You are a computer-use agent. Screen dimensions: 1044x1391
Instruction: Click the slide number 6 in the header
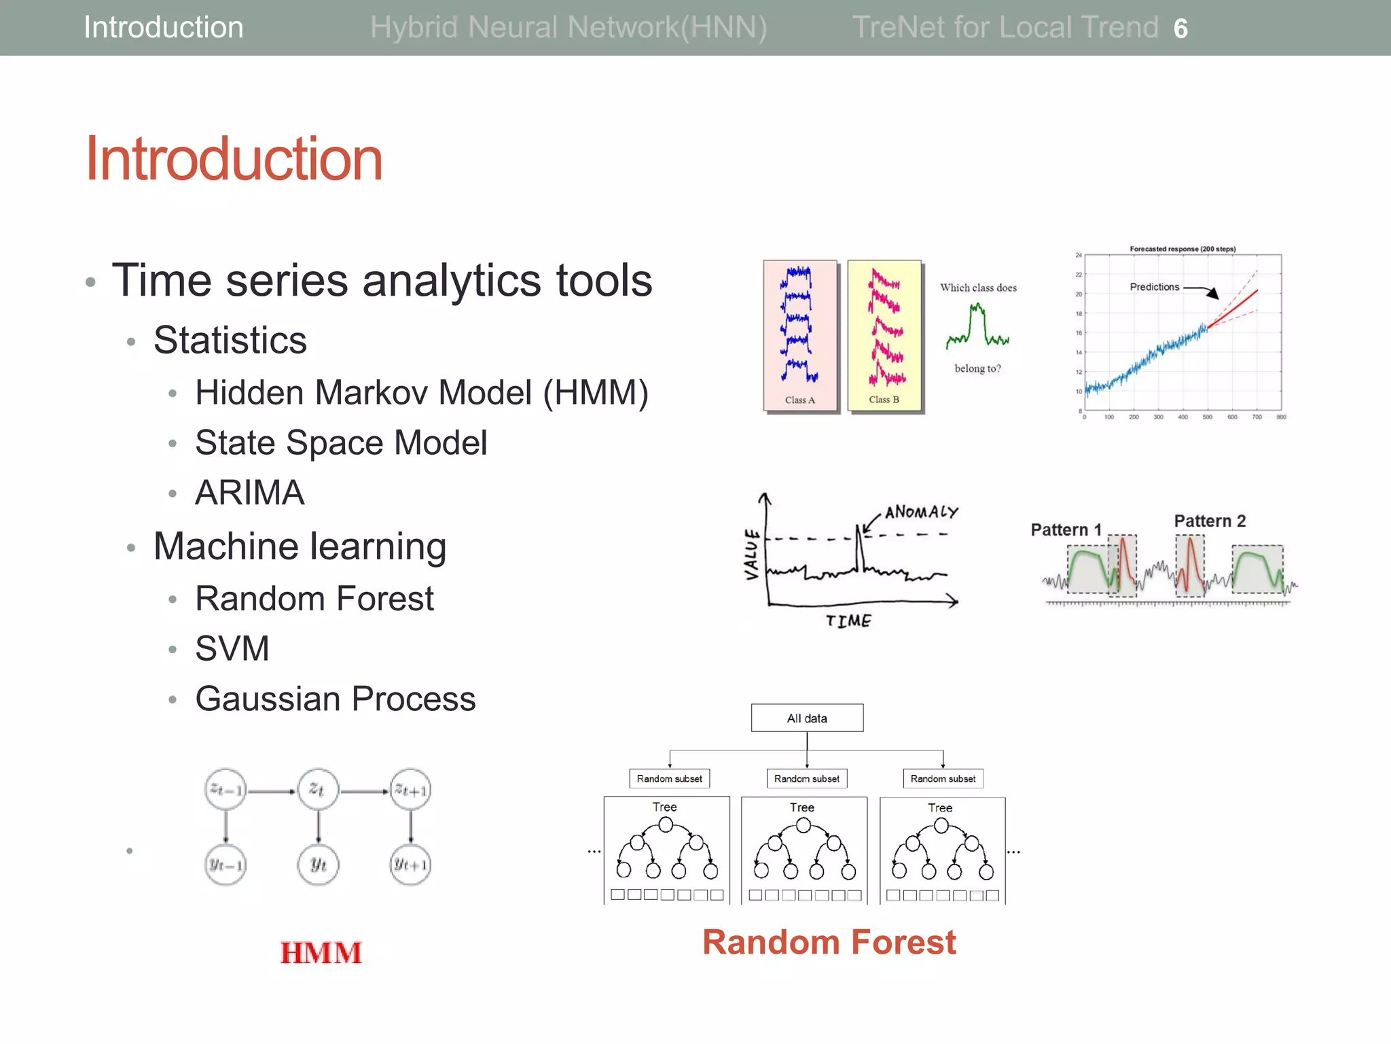[x=1180, y=29]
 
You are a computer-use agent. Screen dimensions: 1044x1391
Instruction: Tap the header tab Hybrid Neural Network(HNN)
[x=568, y=28]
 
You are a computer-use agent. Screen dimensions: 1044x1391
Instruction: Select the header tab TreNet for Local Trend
[x=1005, y=28]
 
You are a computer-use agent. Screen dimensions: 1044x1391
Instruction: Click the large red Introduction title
[x=234, y=159]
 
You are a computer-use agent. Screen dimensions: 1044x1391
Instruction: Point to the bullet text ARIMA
[x=249, y=493]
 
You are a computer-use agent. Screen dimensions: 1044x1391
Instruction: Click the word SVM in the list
[x=232, y=648]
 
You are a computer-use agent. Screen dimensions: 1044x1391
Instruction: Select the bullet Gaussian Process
[x=335, y=699]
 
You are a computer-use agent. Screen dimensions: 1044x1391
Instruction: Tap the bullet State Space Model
[x=340, y=443]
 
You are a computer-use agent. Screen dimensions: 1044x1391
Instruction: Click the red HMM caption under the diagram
[x=321, y=953]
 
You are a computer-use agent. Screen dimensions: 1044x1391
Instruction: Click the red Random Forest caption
[x=829, y=943]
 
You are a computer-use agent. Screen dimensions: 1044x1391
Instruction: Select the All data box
[x=807, y=718]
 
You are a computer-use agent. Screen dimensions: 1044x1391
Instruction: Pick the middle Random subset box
[x=806, y=779]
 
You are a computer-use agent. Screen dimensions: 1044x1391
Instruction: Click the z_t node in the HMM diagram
[x=317, y=790]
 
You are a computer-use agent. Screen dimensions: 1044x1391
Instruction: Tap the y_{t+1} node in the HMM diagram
[x=410, y=865]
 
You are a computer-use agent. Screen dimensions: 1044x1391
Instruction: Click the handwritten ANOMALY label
[x=921, y=512]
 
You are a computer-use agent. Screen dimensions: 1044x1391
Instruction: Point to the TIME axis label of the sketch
[x=848, y=621]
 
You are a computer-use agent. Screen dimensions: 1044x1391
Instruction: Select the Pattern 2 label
[x=1210, y=521]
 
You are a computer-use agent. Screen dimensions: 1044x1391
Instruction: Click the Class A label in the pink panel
[x=799, y=400]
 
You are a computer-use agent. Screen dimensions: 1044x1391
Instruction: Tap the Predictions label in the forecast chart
[x=1154, y=287]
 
